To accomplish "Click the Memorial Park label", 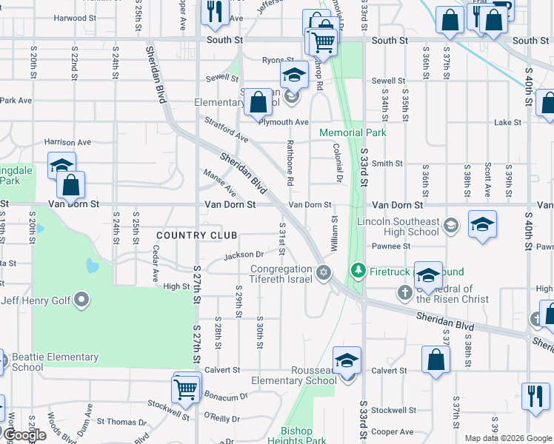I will pyautogui.click(x=353, y=133).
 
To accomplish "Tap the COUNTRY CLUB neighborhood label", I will pyautogui.click(x=196, y=235).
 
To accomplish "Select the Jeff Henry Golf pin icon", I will pyautogui.click(x=82, y=300).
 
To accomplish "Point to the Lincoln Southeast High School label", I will pyautogui.click(x=398, y=226).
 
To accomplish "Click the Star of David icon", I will pyautogui.click(x=323, y=274).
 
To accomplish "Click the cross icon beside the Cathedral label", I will pyautogui.click(x=405, y=293).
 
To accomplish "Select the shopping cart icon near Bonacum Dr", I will pyautogui.click(x=185, y=387).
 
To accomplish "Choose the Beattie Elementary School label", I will pyautogui.click(x=56, y=362).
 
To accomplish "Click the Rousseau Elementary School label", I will pyautogui.click(x=293, y=375).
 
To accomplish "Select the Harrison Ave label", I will pyautogui.click(x=67, y=142).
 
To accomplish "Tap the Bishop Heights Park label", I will pyautogui.click(x=304, y=436).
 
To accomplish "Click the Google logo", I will pyautogui.click(x=24, y=436).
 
